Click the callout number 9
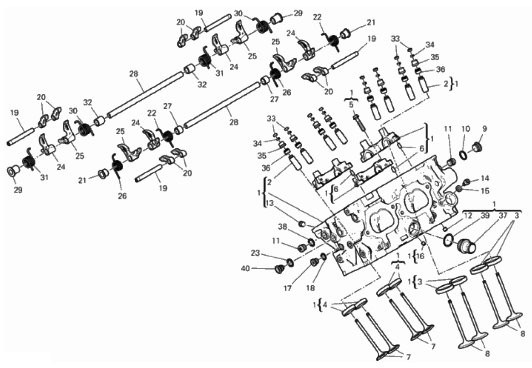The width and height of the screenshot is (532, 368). coord(484,129)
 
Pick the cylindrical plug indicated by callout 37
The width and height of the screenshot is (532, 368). coord(466,245)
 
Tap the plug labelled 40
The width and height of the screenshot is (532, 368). coord(278,269)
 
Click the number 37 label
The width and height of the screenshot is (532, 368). coord(502,216)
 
